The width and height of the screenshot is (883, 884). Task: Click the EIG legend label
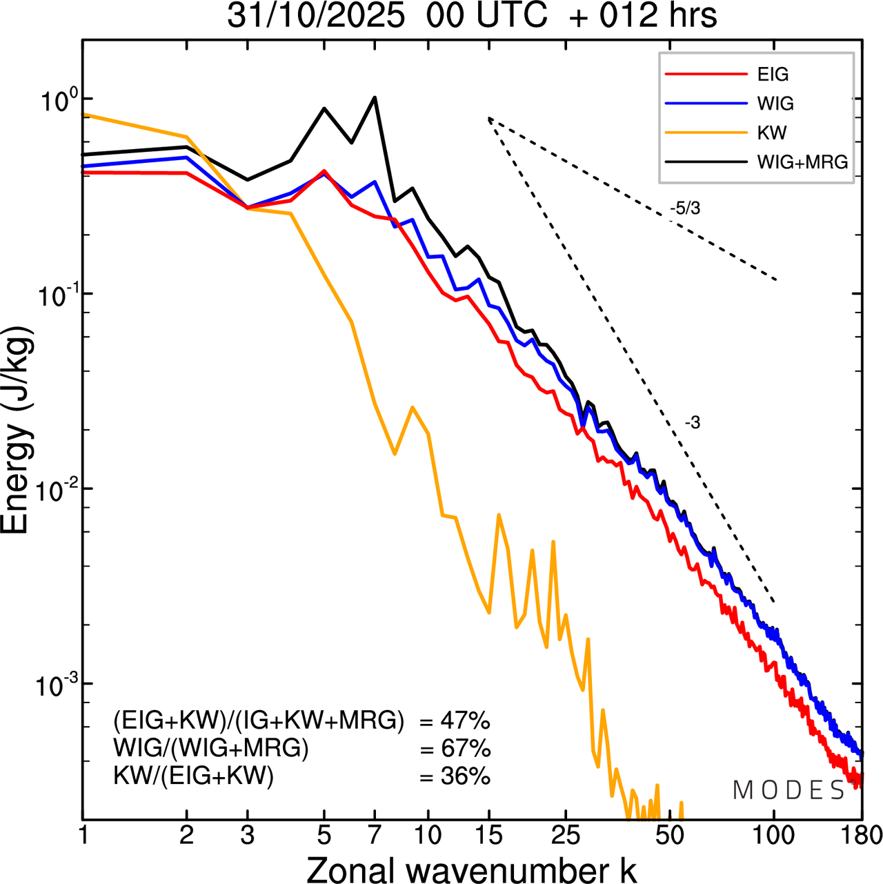(x=773, y=75)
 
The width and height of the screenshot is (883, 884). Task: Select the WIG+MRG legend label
(x=802, y=162)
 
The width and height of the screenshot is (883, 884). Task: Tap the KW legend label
(x=772, y=132)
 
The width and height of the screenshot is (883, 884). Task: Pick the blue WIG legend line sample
(x=706, y=104)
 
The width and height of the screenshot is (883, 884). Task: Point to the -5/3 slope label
(x=685, y=208)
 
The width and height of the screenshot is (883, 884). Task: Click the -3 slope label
(x=693, y=423)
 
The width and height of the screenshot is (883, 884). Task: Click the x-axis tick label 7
(x=375, y=835)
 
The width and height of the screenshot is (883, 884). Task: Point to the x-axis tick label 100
(x=774, y=835)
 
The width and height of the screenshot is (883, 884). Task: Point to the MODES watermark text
(x=789, y=791)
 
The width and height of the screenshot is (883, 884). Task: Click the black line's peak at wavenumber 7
(x=375, y=97)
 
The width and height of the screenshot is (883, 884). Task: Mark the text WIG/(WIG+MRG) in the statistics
(x=211, y=749)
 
